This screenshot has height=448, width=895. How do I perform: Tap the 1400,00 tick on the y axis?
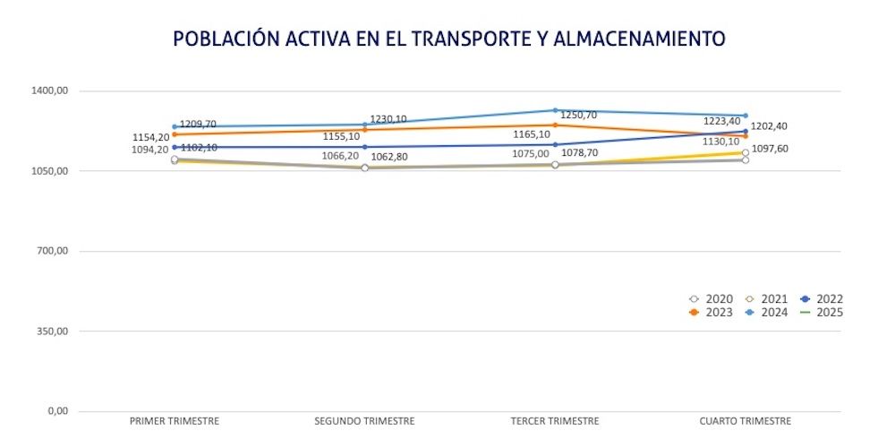click(x=51, y=90)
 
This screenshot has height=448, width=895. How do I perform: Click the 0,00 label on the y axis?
click(x=57, y=411)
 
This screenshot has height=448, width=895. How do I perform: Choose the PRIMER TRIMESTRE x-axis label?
click(x=175, y=421)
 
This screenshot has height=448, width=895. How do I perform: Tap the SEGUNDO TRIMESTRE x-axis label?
click(x=365, y=421)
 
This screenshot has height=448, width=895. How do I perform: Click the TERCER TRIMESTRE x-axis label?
click(x=555, y=421)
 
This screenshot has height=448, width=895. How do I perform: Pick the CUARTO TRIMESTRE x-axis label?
click(x=746, y=421)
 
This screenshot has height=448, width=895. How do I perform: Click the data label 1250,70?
click(x=578, y=115)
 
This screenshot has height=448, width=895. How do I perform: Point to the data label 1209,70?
click(x=198, y=125)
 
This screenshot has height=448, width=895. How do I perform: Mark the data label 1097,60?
click(x=771, y=149)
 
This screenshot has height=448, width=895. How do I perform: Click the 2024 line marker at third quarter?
click(x=555, y=110)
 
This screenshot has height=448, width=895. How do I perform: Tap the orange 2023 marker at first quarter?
click(x=175, y=134)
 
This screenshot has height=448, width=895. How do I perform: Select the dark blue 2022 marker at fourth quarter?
click(x=746, y=132)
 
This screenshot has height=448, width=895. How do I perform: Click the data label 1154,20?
click(x=150, y=137)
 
